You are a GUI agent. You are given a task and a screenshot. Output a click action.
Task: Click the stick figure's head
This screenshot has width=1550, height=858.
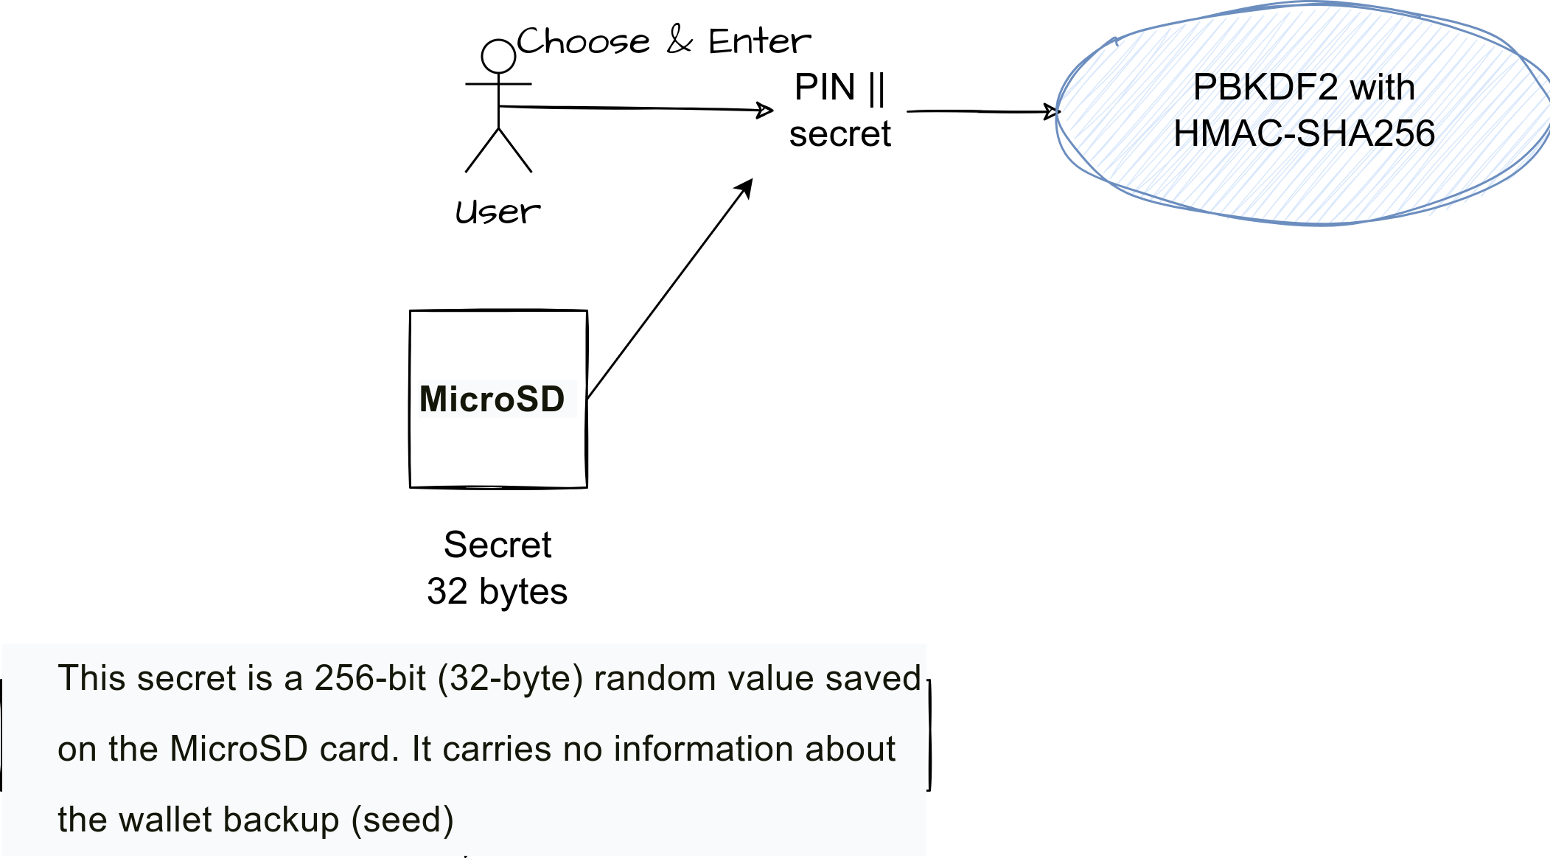(498, 56)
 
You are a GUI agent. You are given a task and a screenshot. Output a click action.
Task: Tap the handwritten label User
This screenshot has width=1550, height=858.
(498, 212)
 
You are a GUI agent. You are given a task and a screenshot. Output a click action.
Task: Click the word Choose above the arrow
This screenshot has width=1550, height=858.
(583, 41)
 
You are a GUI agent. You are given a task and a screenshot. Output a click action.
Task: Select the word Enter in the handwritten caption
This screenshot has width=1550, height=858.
(759, 41)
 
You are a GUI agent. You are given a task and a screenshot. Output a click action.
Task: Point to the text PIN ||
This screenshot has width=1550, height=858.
(839, 88)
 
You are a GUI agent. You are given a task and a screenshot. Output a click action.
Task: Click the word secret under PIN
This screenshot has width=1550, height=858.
(839, 134)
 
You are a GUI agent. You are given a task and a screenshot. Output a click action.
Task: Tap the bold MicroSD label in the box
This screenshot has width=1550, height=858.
(492, 400)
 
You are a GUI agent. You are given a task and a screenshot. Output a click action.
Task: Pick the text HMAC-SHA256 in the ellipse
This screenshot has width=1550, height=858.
(1304, 134)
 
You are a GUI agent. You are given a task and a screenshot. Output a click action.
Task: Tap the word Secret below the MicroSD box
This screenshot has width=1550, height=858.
(498, 545)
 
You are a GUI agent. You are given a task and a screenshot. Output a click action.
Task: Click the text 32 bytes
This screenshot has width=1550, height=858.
(497, 592)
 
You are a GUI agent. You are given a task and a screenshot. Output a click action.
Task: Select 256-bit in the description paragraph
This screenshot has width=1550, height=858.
(370, 678)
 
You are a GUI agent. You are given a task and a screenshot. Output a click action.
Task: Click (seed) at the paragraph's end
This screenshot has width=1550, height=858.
(402, 820)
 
